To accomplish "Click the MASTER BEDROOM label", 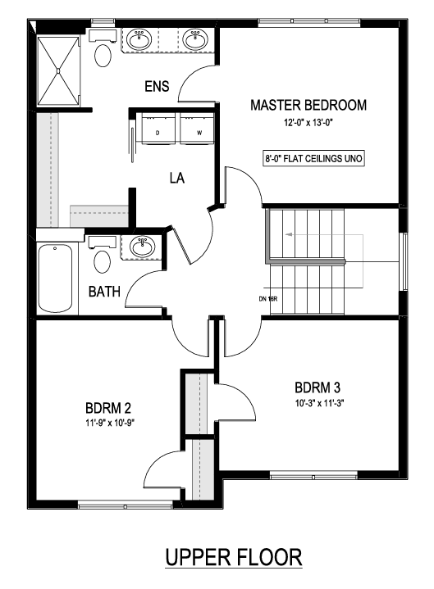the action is [x=308, y=105].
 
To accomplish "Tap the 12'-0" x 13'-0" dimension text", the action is [x=308, y=122].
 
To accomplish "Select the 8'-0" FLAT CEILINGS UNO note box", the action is [x=313, y=159].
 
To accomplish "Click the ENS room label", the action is [x=157, y=86].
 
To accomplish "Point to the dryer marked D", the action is [x=158, y=128].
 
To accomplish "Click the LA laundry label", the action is [x=177, y=178].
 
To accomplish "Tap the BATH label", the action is [x=104, y=292].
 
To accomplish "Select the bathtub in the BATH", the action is [x=56, y=279].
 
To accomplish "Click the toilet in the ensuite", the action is [x=103, y=49].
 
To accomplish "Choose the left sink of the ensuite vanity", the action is [x=139, y=39].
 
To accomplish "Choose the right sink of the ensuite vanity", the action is [x=195, y=39].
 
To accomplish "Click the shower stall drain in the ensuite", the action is [x=58, y=70].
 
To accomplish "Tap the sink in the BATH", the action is [x=143, y=247].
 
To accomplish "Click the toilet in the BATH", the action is [x=103, y=256].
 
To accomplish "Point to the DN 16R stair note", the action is [x=268, y=299].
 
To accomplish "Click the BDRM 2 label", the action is [x=108, y=408].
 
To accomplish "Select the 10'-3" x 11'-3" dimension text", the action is [x=320, y=403].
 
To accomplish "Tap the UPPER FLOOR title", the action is [x=234, y=557].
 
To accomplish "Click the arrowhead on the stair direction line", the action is [x=289, y=235].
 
